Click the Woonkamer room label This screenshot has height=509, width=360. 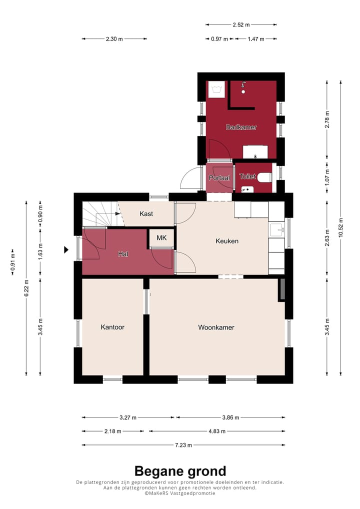click(216, 328)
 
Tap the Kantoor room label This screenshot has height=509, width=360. click(112, 327)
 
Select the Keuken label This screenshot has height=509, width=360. click(226, 241)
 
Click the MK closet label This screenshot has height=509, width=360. click(161, 238)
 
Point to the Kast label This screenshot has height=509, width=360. click(146, 214)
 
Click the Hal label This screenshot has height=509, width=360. click(123, 254)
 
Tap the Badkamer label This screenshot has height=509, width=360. click(241, 127)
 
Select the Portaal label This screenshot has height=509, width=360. click(219, 177)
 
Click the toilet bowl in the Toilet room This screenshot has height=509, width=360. click(265, 176)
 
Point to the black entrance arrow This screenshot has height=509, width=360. click(66, 249)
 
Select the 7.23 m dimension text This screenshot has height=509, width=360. click(183, 445)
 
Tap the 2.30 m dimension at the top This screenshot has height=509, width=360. click(114, 39)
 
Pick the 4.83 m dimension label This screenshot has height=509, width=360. click(217, 431)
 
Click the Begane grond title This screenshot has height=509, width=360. click(180, 471)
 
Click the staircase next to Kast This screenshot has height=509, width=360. click(99, 214)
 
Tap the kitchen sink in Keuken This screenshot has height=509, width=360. click(276, 230)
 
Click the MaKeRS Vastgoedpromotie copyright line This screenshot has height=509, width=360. click(180, 493)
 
